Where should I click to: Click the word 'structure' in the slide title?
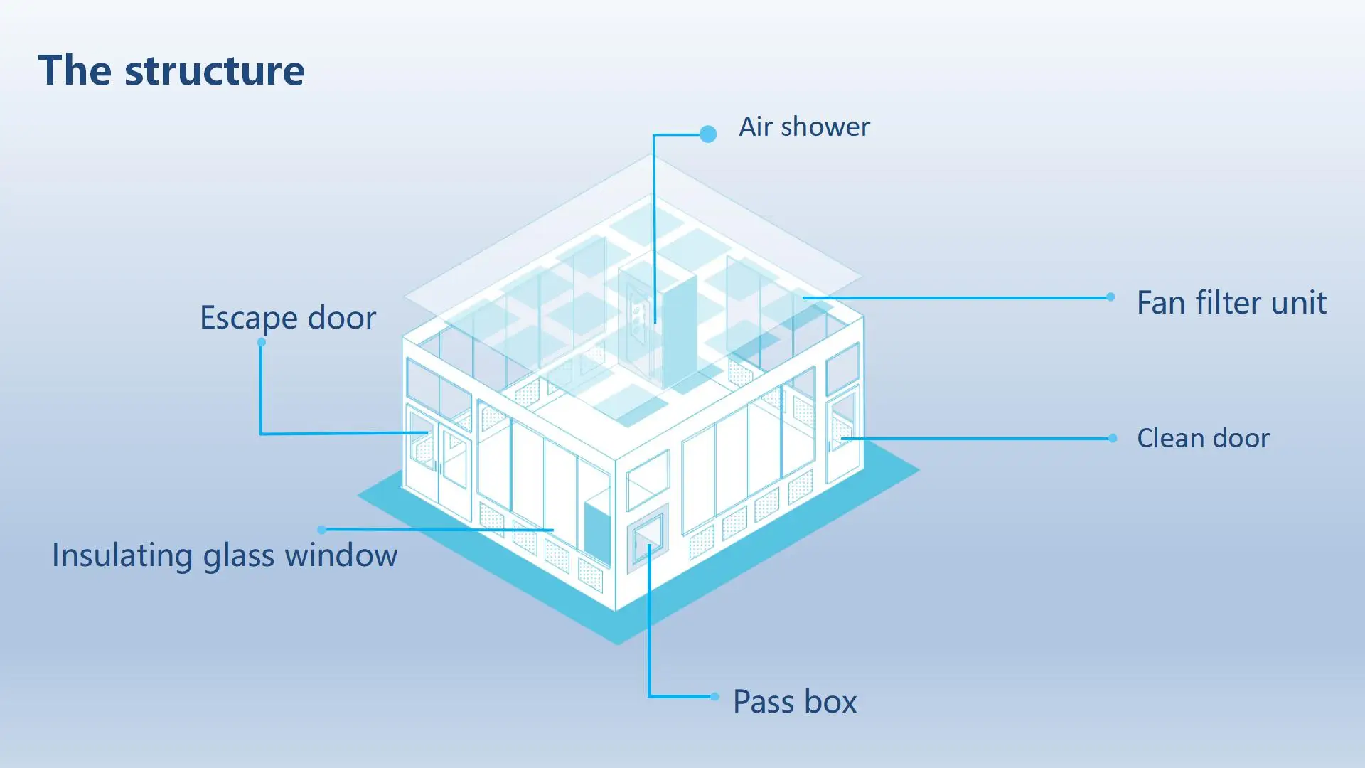[214, 70]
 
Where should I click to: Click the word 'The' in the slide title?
[75, 70]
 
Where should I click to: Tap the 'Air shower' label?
[804, 127]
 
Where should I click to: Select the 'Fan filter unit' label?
[1231, 302]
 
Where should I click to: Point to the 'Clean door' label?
[1203, 438]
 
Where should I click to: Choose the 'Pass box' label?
[795, 701]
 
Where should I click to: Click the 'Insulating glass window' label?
[225, 555]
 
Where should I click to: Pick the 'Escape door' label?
[288, 317]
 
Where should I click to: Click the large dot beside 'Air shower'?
[707, 134]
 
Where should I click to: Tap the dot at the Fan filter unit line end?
[1110, 297]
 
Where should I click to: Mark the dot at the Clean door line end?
[1113, 438]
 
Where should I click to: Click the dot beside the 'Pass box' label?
[714, 696]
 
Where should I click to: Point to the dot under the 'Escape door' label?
[262, 343]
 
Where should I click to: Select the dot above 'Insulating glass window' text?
[322, 530]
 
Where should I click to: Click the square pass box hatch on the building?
[648, 538]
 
